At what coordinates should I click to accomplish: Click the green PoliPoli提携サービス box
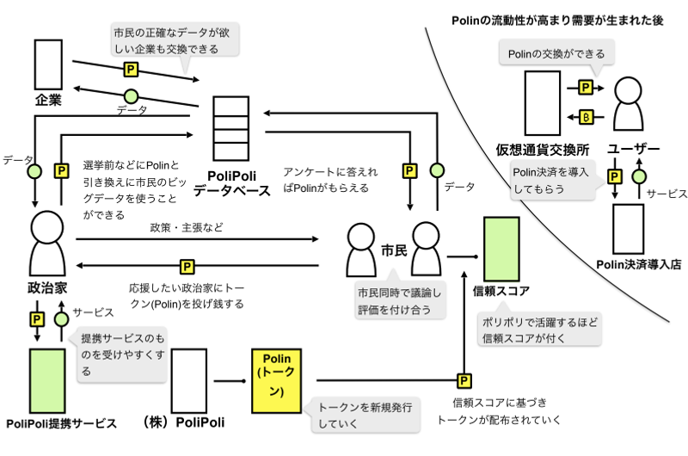[48, 379]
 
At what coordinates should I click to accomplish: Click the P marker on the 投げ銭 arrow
[186, 265]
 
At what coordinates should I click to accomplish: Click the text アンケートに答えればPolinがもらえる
[331, 179]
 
